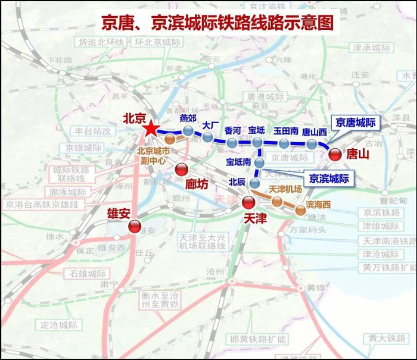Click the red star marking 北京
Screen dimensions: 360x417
151,129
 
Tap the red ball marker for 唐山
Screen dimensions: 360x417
335,154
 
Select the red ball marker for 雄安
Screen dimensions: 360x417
135,226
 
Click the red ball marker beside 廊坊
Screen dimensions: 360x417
181,169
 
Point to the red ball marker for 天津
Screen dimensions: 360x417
248,202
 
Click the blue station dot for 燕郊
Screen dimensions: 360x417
188,132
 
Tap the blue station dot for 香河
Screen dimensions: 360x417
232,143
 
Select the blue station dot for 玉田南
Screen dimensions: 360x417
284,143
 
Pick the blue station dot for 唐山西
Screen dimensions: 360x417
312,143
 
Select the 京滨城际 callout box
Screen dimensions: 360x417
327,178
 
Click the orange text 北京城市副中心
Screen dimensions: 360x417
154,155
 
